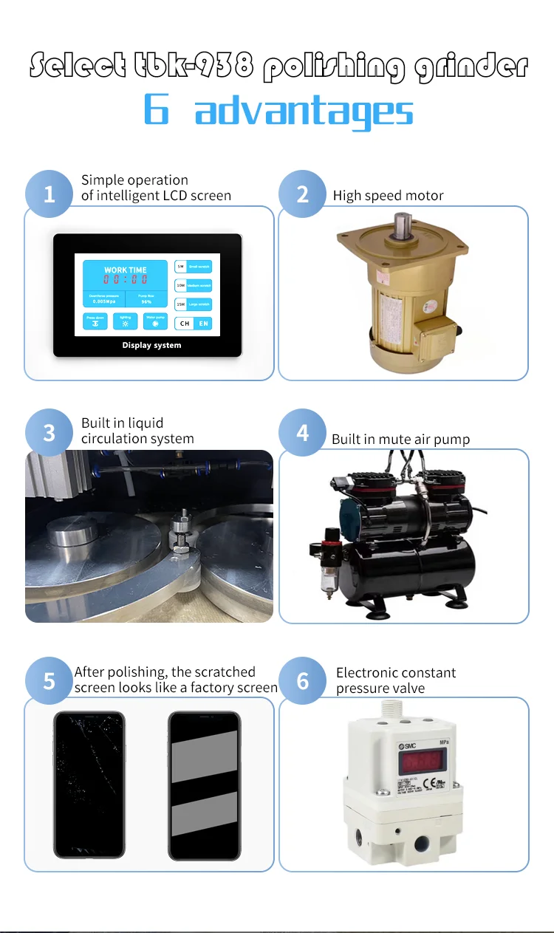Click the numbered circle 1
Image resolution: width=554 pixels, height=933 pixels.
(x=49, y=194)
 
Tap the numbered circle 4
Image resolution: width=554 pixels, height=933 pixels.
(x=303, y=432)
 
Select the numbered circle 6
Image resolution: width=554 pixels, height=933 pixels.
(x=303, y=680)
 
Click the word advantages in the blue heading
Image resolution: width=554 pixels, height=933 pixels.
(x=304, y=111)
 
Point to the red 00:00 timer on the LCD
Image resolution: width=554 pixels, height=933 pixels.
(x=125, y=279)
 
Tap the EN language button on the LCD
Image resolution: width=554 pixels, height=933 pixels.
(x=202, y=324)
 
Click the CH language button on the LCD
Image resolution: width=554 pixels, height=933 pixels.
(x=184, y=324)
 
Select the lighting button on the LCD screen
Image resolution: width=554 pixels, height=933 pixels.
(x=125, y=321)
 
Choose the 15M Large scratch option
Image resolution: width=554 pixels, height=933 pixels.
(x=193, y=304)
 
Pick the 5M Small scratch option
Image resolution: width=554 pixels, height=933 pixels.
(x=193, y=266)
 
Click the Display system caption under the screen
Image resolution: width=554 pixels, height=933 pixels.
(x=151, y=345)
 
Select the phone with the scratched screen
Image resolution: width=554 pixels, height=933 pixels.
(x=89, y=785)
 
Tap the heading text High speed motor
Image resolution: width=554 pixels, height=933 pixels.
(x=388, y=196)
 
